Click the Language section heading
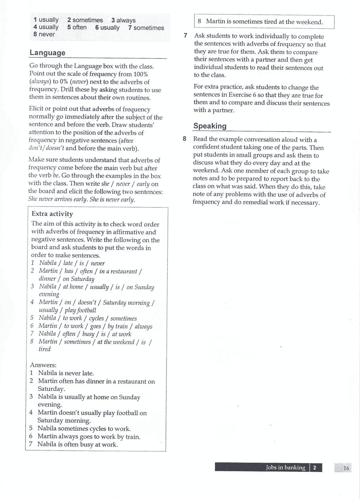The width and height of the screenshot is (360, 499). pos(47,53)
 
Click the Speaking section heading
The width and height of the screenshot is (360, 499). pos(210,126)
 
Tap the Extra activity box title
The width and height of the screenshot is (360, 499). pos(52,214)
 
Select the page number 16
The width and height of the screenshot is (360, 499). pos(346,468)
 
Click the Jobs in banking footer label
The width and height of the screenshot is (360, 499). pos(285,468)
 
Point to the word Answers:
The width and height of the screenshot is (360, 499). pos(43,365)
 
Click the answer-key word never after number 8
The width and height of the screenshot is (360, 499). pos(47,34)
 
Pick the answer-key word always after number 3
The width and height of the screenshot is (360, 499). pos(126,20)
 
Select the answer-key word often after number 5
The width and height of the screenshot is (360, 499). pos(79,28)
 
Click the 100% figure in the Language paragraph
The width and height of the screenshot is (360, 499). pos(141,74)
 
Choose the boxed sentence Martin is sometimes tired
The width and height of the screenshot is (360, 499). pos(264,22)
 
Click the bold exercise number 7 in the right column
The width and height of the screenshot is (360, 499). pos(185,36)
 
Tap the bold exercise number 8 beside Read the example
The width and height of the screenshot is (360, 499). pos(184,139)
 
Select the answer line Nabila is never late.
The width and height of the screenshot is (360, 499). pos(66,373)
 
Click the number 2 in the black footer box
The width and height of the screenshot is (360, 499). pos(315,468)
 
